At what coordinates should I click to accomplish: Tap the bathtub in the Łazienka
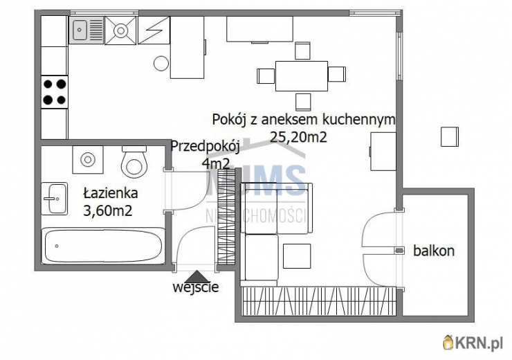[104, 246]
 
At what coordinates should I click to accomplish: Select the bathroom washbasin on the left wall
[55, 199]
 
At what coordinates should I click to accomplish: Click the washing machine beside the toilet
[88, 160]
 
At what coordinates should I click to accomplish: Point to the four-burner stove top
[55, 91]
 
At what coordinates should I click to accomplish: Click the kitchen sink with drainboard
[86, 30]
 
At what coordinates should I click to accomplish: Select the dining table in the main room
[301, 75]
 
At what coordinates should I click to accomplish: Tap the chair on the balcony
[450, 136]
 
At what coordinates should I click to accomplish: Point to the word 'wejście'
[196, 287]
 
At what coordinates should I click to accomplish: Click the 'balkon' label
[435, 251]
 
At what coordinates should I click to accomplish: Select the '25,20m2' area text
[298, 137]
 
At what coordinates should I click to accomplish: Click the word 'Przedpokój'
[205, 146]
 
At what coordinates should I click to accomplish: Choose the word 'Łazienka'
[111, 193]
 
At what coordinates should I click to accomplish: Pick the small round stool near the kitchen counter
[161, 64]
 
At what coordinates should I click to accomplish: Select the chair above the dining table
[302, 51]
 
